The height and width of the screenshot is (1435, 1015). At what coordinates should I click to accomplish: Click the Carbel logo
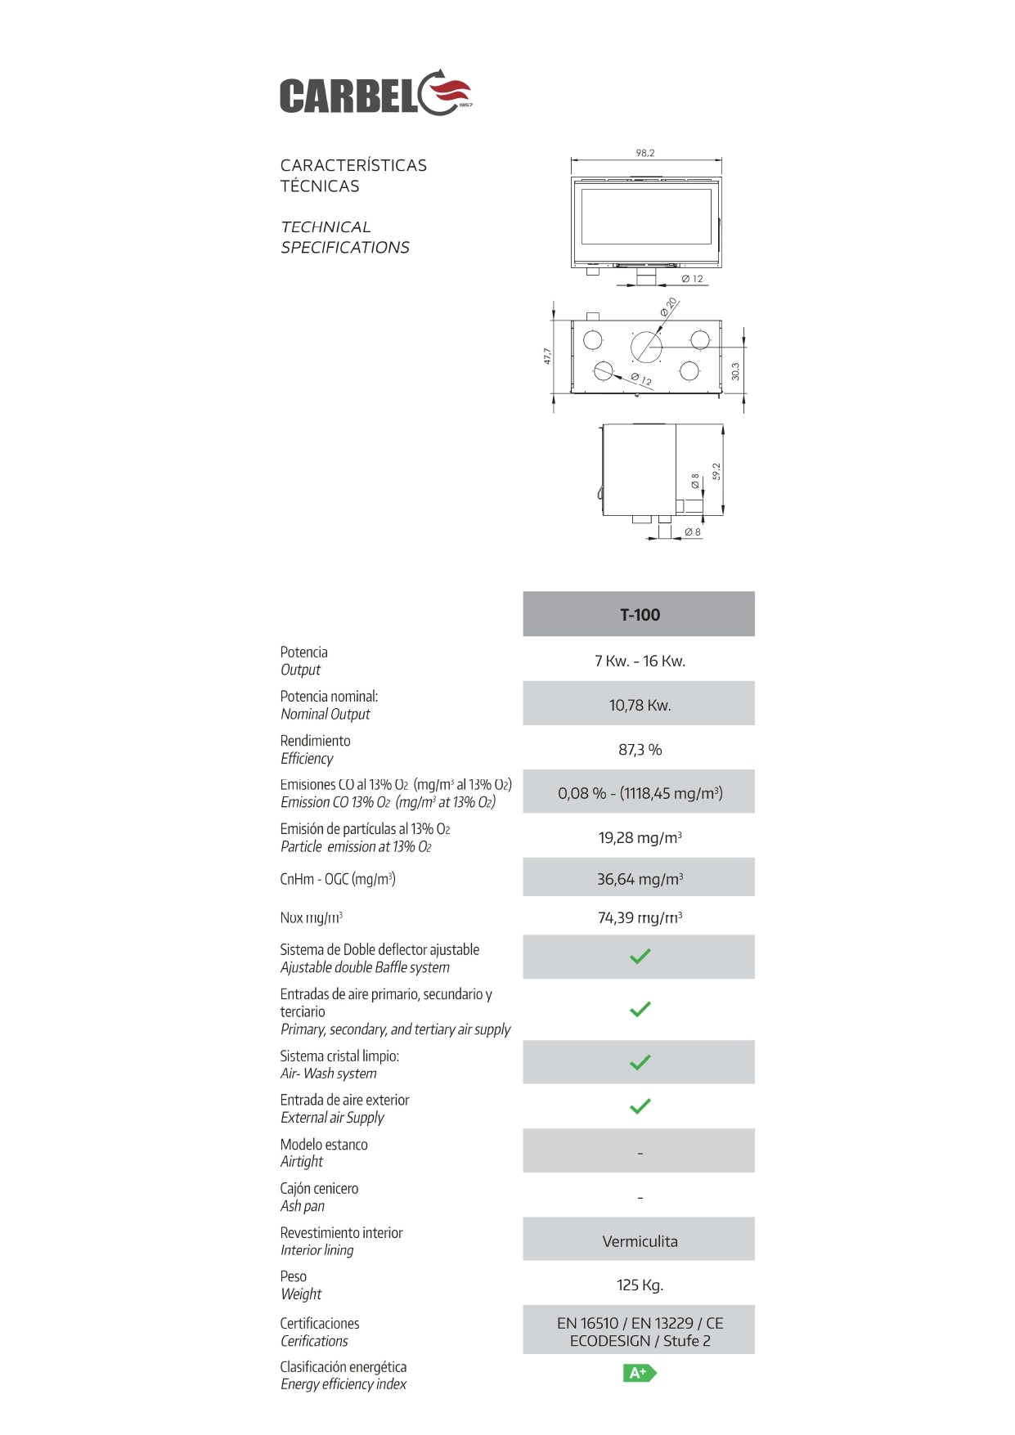pos(375,94)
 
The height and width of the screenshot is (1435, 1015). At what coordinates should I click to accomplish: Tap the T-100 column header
pos(640,615)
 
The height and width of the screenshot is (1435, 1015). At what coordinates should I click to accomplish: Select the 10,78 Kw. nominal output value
pos(640,705)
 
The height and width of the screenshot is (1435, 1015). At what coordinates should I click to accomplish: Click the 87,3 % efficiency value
pos(640,749)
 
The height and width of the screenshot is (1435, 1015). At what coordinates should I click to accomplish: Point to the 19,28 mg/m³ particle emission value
pos(640,837)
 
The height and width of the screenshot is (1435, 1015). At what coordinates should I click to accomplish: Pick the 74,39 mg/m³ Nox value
pos(640,917)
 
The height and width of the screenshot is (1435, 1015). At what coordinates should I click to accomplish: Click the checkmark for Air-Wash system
pos(640,1062)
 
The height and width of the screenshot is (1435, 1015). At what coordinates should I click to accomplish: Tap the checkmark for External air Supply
pos(640,1106)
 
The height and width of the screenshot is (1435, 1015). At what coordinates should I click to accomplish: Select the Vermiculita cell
pos(640,1241)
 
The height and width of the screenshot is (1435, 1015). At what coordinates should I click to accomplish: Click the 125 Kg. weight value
pos(640,1285)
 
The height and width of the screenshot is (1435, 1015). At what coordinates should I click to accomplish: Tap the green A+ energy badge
pos(640,1373)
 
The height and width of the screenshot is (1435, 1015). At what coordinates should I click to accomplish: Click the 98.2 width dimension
pos(645,153)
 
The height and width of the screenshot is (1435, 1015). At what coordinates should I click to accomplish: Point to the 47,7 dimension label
pos(547,356)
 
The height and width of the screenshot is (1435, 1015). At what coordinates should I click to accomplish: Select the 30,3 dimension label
pos(735,371)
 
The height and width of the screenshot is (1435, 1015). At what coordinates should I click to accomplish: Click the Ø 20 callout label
pos(670,307)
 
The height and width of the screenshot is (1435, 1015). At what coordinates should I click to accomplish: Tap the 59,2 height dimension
pos(716,472)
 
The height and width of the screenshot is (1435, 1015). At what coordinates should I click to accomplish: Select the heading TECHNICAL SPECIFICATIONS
pos(344,237)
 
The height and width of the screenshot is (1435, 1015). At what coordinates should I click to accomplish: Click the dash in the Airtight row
pos(640,1153)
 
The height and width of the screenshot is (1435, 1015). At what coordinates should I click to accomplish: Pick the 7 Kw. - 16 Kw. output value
pos(640,661)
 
